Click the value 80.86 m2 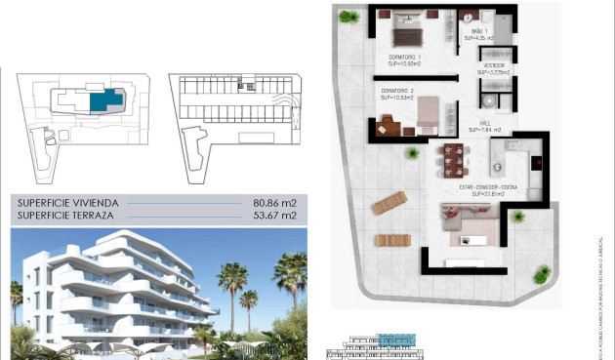pos(273,203)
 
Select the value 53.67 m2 pos(273,216)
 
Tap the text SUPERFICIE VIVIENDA pos(65,203)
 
